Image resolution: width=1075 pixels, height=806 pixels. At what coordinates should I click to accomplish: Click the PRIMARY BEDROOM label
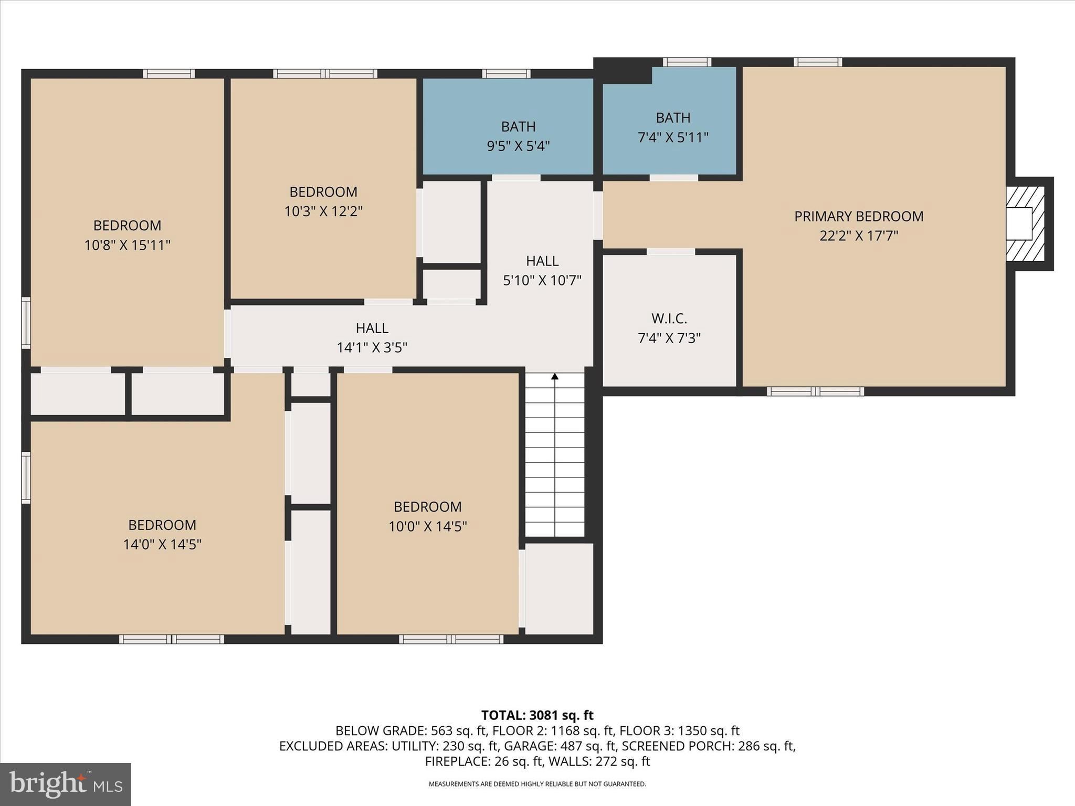coord(858,216)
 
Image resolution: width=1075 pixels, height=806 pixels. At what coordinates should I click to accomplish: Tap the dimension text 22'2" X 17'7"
coord(858,236)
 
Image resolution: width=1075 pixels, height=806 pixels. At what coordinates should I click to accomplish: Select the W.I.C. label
coord(669,319)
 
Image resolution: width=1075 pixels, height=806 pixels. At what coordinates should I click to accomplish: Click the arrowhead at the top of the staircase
coord(555,376)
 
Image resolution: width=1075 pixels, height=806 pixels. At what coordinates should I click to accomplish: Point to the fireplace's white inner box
coord(1019,224)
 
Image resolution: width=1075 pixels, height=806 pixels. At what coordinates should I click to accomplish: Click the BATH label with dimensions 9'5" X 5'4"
coord(518,126)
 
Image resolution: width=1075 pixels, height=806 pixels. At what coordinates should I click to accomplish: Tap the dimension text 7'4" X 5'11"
coord(673,137)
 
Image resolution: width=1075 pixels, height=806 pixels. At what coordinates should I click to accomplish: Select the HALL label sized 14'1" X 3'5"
coord(372,328)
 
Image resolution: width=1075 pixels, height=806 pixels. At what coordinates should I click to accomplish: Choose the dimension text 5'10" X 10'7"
coord(542,281)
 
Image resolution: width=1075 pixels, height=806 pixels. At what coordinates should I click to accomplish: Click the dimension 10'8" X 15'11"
coord(127,245)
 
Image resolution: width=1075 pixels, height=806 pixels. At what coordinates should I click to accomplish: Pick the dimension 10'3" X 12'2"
coord(323,211)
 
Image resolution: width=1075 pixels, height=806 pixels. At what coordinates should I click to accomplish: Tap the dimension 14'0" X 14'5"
coord(162,544)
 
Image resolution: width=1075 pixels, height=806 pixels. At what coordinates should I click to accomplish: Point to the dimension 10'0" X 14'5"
coord(427,526)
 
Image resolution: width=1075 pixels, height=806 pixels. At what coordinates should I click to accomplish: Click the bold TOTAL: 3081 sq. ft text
coord(537,715)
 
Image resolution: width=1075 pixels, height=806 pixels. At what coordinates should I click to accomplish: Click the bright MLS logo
coord(66,784)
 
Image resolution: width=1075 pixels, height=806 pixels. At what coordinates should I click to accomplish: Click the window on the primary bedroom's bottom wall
coord(815,391)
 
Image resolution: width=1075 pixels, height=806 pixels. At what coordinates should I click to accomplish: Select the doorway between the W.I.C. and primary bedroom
coord(670,252)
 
